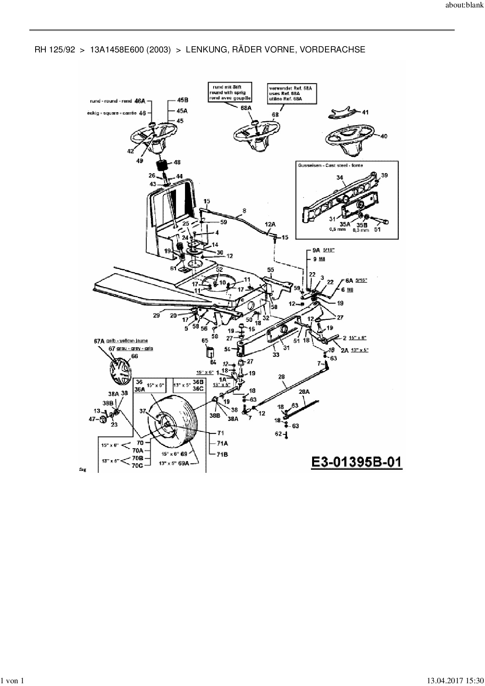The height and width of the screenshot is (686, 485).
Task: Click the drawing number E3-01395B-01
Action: click(356, 462)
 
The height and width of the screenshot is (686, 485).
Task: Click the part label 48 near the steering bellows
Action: click(177, 162)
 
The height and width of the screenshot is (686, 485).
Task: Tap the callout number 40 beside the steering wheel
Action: click(384, 136)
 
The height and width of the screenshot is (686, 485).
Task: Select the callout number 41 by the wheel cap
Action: click(365, 112)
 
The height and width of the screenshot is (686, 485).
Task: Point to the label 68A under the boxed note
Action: click(246, 108)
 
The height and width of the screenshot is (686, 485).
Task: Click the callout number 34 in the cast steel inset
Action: click(340, 178)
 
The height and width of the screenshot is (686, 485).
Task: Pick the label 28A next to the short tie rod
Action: click(304, 391)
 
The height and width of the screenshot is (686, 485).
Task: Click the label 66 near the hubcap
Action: click(135, 356)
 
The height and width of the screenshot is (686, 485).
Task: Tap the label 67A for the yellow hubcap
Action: click(100, 341)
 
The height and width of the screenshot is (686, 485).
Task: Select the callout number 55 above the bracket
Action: click(270, 270)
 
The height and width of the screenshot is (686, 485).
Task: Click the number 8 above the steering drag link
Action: click(244, 211)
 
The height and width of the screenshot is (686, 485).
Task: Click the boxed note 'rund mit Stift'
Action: click(230, 92)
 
